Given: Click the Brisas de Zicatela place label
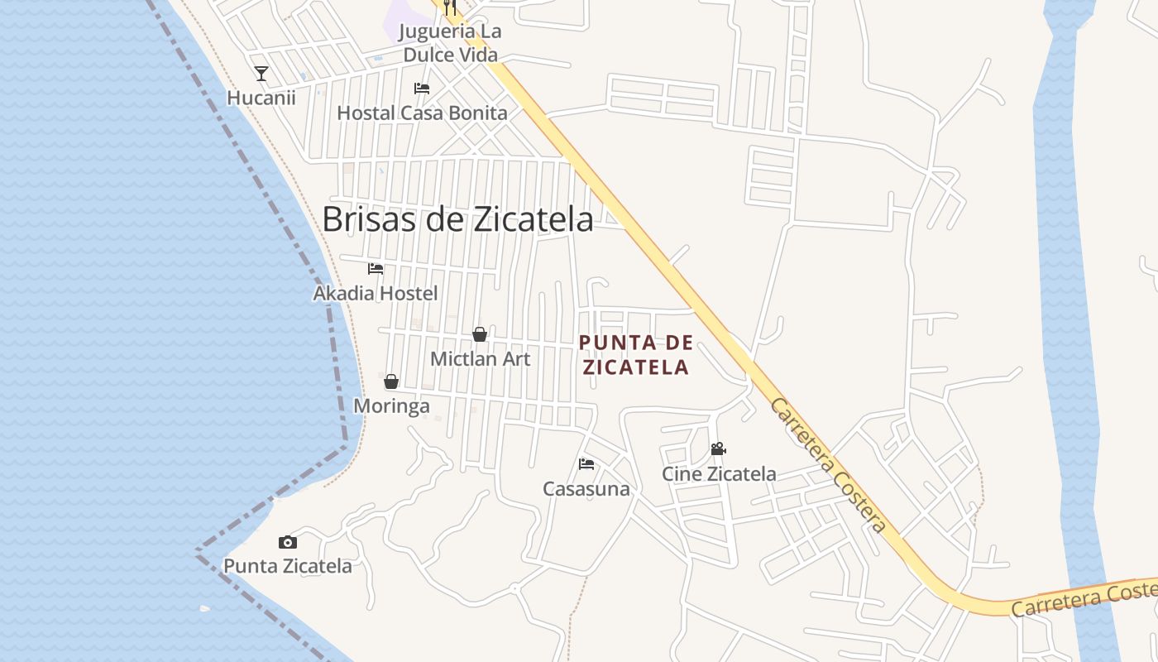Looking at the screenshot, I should tap(457, 219).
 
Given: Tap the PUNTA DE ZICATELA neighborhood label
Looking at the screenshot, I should tap(636, 355).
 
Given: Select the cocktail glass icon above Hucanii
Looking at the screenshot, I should tap(261, 74).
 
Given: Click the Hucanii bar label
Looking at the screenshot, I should tap(261, 98).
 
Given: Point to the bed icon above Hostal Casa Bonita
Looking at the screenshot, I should tap(422, 89).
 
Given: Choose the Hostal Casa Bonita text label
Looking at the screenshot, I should tap(422, 113).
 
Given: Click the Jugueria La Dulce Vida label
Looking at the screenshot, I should tap(450, 44).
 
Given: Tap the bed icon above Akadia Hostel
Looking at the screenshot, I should tap(376, 269).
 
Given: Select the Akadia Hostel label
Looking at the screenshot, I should tap(376, 293).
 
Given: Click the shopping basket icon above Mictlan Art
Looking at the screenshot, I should tap(480, 334).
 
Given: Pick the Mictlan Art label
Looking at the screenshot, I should tap(481, 359).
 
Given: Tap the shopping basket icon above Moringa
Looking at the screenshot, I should tap(391, 381).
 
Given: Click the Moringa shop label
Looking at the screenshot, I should tap(391, 406).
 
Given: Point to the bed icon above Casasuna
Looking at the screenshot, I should tap(586, 464).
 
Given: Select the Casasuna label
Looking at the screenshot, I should tap(586, 489).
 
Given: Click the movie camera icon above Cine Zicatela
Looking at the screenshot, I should tap(719, 449).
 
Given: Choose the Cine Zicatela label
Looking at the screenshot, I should tap(719, 474).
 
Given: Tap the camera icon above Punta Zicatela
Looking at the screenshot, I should tap(288, 543).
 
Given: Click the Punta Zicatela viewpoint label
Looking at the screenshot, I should tap(288, 567).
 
